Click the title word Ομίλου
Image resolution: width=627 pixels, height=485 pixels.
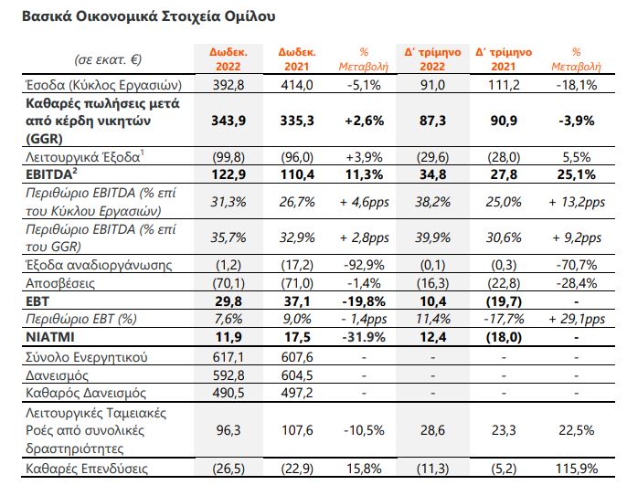250,16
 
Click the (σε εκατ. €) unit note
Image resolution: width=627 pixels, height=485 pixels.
108,59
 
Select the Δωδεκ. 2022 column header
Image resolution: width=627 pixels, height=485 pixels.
228,59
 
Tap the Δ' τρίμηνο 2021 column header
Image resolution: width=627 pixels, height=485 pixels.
504,59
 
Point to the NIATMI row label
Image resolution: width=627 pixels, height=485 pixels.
50,337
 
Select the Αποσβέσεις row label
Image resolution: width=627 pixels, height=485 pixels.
60,283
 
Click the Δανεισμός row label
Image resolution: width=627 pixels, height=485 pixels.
57,375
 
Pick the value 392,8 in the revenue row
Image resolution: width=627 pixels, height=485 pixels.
228,85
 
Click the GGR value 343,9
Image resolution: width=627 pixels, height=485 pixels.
228,121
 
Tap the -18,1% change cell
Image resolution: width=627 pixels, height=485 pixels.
576,85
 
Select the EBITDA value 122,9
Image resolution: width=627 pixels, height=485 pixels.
228,174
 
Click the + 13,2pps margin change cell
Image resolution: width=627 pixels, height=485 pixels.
576,202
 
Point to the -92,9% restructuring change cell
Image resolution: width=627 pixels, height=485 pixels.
364,265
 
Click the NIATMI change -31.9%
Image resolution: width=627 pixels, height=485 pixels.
364,337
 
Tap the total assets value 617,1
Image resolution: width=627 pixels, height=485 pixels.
228,357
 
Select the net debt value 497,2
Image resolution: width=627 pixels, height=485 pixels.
297,393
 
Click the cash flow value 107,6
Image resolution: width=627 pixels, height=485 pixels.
297,430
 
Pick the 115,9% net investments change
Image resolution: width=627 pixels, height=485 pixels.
576,469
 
